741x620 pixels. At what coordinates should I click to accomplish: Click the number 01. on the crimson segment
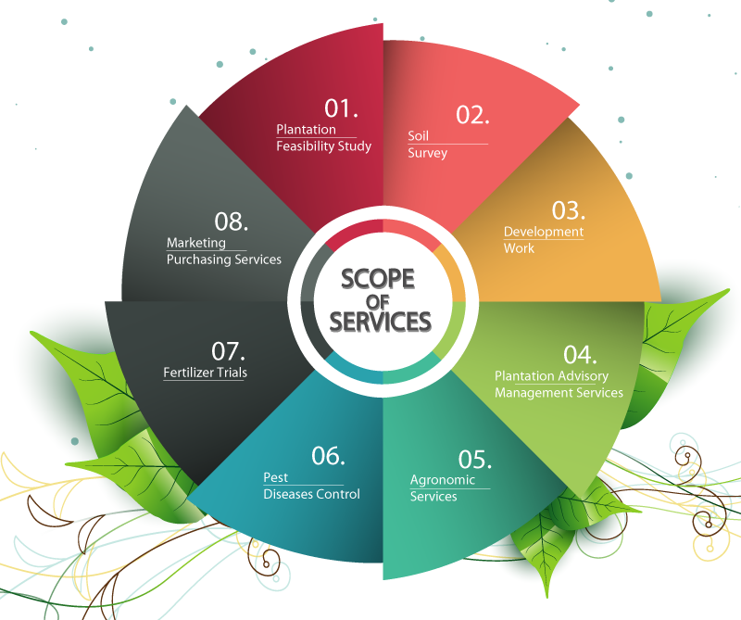[341, 108]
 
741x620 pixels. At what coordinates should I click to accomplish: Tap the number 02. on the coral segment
[472, 115]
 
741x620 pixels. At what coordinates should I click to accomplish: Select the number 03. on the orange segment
[569, 210]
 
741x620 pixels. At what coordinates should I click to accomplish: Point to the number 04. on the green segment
[580, 355]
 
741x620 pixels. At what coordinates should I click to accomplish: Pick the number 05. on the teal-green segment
[474, 459]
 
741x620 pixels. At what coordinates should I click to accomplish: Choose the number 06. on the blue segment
[328, 456]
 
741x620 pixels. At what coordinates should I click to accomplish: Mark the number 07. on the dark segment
[228, 351]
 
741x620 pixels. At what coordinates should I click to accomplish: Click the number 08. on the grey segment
[231, 221]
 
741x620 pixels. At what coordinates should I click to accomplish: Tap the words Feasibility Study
[323, 146]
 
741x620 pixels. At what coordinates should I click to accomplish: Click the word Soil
[419, 135]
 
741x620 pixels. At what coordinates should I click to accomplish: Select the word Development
[544, 232]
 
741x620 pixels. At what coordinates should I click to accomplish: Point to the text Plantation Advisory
[551, 376]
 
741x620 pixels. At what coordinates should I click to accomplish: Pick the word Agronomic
[443, 480]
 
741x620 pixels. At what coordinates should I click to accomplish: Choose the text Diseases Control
[311, 494]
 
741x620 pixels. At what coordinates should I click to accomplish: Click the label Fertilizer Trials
[205, 373]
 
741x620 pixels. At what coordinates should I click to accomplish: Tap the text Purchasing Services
[224, 259]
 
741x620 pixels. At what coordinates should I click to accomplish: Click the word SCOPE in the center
[378, 279]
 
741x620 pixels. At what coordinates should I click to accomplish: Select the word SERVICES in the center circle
[381, 322]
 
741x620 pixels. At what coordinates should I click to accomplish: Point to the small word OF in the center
[378, 302]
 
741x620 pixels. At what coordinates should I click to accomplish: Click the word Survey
[427, 153]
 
